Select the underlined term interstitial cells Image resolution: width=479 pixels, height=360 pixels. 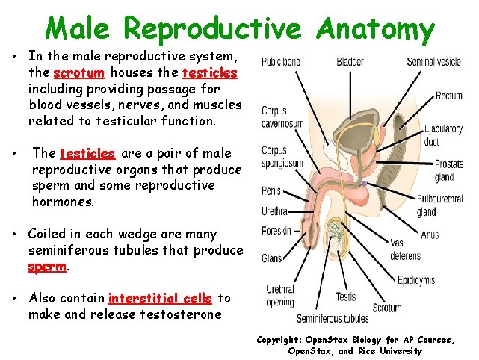160,298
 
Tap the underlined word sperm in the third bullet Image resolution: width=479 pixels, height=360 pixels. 47,266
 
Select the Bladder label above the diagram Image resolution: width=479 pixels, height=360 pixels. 350,61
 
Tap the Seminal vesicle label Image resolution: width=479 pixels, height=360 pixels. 433,61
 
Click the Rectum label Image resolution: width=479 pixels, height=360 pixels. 448,96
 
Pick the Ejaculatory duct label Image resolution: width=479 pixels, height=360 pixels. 442,134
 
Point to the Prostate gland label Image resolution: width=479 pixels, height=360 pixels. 449,170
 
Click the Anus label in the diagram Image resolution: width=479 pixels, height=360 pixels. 430,235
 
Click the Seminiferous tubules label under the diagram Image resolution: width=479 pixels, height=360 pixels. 333,319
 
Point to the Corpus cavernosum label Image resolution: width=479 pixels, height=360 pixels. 282,117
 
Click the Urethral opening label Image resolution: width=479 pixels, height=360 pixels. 280,296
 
